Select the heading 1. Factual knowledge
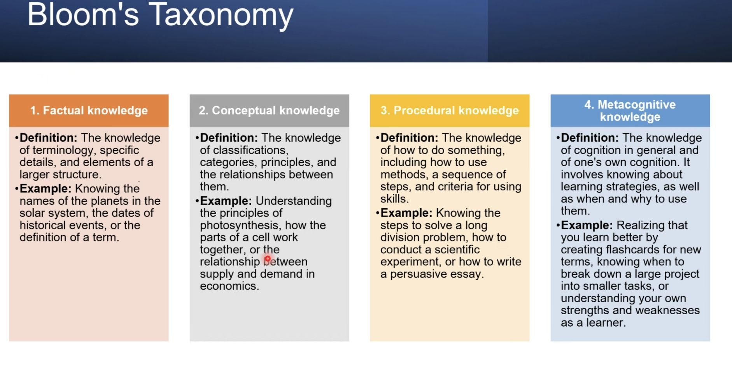coord(89,111)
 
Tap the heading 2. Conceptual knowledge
coord(269,111)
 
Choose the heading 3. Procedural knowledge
coord(450,111)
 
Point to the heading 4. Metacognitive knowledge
coord(630,111)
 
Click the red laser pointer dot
coord(268,258)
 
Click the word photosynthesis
coord(239,225)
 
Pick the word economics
coord(229,286)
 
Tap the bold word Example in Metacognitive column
coord(587,225)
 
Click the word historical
coord(42,225)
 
